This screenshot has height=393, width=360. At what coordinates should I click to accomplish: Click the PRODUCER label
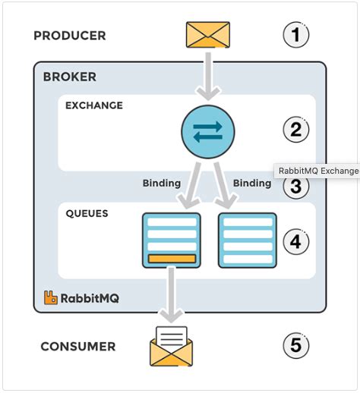click(70, 36)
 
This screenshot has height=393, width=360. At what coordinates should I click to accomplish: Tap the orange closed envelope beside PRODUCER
click(207, 34)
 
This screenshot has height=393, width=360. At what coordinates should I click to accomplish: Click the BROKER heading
click(69, 77)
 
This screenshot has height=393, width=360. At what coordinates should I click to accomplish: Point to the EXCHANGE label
click(94, 105)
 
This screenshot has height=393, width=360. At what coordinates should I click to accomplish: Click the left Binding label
click(162, 183)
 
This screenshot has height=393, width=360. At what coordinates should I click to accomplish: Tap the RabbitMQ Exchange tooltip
click(317, 171)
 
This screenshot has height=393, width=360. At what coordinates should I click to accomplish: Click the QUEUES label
click(87, 213)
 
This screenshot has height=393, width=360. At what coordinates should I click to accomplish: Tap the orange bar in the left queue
click(172, 259)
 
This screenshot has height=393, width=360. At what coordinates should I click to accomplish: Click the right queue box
click(247, 240)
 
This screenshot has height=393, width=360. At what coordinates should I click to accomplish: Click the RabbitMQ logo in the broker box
click(81, 298)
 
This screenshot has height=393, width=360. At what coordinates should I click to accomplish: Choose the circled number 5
click(295, 346)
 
